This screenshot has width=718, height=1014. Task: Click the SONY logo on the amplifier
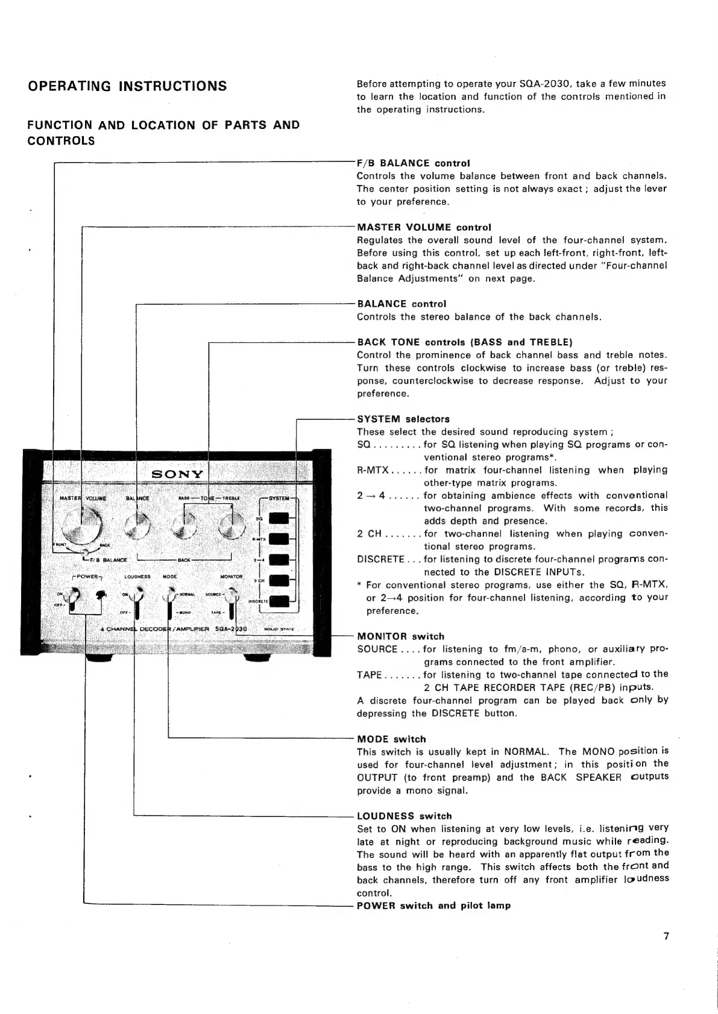(x=177, y=474)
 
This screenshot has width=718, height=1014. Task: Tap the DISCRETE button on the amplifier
(x=278, y=601)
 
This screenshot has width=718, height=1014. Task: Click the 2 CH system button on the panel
(x=278, y=580)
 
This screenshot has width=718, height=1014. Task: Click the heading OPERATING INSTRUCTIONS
(x=127, y=86)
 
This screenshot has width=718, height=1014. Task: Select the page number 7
(x=666, y=936)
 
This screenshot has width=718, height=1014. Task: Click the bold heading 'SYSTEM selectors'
(x=403, y=419)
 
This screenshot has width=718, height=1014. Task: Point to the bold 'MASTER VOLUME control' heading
(x=424, y=227)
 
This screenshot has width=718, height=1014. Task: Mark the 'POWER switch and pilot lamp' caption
(x=433, y=906)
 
